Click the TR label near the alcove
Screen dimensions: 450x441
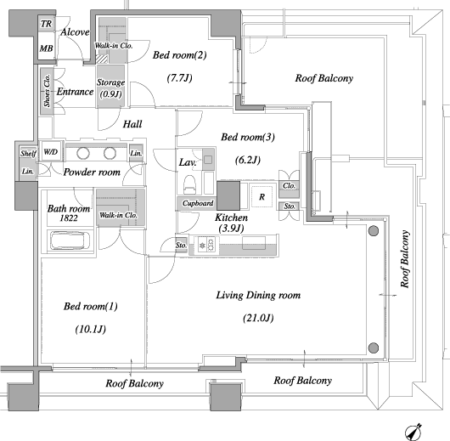point(46,24)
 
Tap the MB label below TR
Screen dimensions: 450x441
point(46,48)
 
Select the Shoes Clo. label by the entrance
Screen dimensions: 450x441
point(47,91)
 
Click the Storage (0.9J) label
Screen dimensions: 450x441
point(110,88)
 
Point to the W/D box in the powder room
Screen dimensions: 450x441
point(50,151)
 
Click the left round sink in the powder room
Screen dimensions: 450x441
point(83,153)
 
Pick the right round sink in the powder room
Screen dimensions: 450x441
point(110,153)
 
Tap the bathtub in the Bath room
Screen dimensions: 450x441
point(70,240)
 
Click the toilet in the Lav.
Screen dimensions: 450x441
point(189,184)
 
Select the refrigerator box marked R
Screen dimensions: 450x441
point(262,197)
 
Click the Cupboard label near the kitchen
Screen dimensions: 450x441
point(198,203)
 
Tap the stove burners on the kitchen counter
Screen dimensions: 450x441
point(206,245)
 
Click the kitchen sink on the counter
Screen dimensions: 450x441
point(254,243)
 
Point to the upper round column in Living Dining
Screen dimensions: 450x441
point(374,231)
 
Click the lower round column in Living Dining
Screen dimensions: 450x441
point(374,348)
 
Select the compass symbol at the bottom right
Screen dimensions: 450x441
point(413,432)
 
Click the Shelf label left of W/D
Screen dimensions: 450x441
point(28,154)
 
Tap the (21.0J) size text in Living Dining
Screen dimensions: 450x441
point(258,318)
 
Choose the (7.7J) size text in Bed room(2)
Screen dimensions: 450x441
point(180,78)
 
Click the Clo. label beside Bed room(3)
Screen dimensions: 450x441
point(289,186)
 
